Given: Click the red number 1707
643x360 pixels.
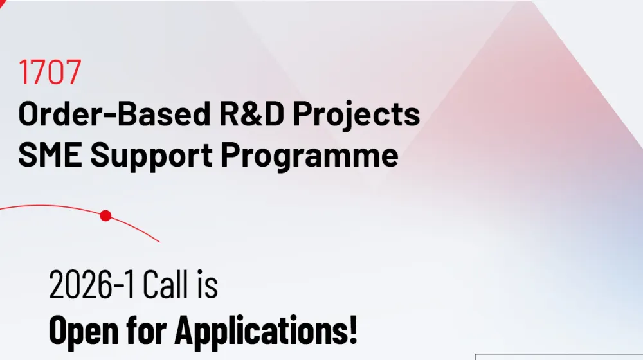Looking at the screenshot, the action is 50,72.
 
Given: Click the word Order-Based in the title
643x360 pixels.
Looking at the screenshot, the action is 114,113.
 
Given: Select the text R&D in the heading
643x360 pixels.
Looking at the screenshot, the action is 251,113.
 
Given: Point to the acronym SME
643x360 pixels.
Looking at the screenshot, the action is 50,154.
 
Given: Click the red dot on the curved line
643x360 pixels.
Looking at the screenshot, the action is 106,215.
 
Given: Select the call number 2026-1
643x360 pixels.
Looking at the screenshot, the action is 91,285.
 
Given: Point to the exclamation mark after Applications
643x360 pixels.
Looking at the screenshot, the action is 353,330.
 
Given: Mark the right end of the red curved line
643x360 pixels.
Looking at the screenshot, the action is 160,242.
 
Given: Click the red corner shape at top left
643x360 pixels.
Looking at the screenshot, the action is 3,3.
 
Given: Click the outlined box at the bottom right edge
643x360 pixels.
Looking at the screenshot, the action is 559,357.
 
